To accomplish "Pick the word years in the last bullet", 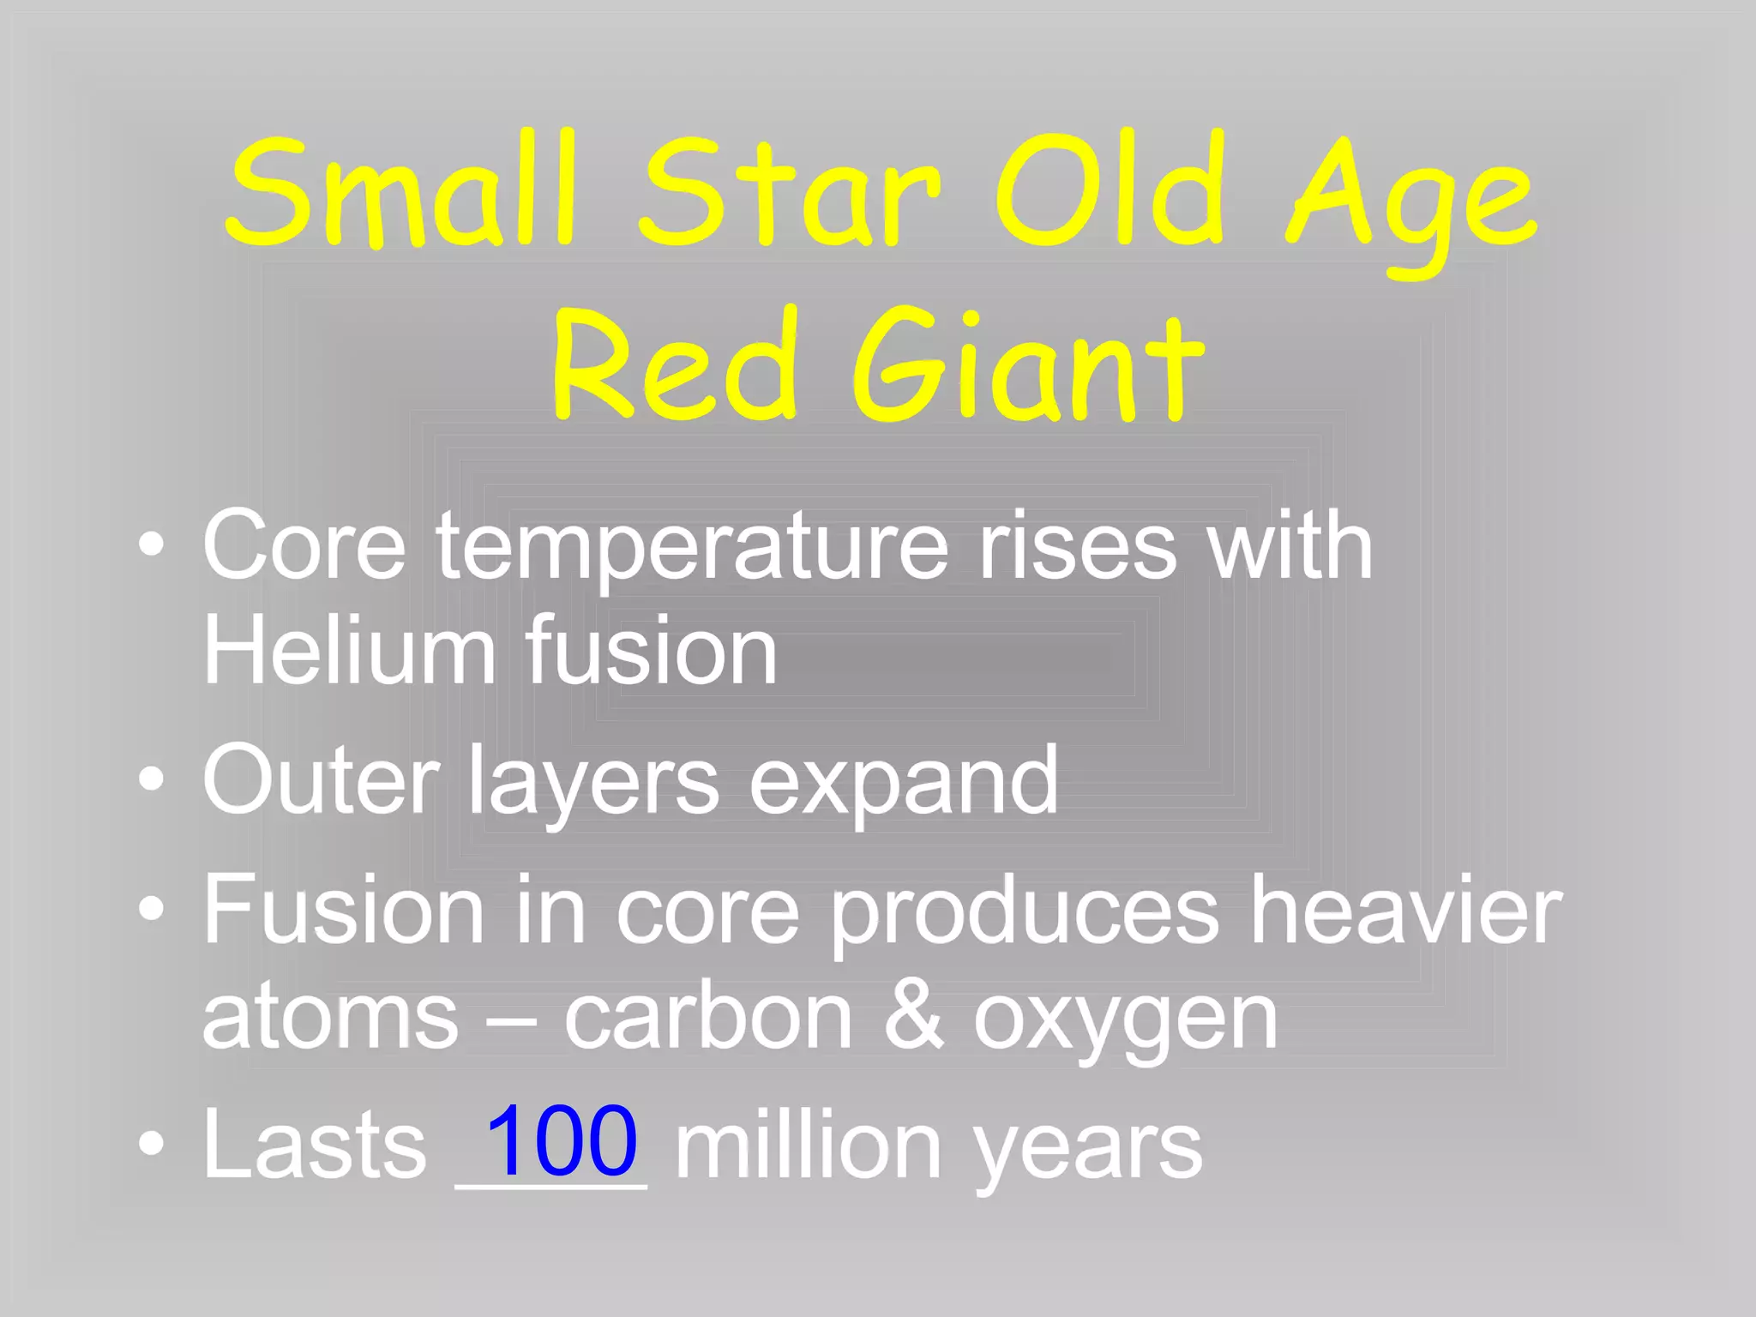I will pyautogui.click(x=1089, y=1149).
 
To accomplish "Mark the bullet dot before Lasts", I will pyautogui.click(x=152, y=1143).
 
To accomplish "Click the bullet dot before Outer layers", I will pyautogui.click(x=152, y=779).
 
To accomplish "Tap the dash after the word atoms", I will pyautogui.click(x=511, y=1020).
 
